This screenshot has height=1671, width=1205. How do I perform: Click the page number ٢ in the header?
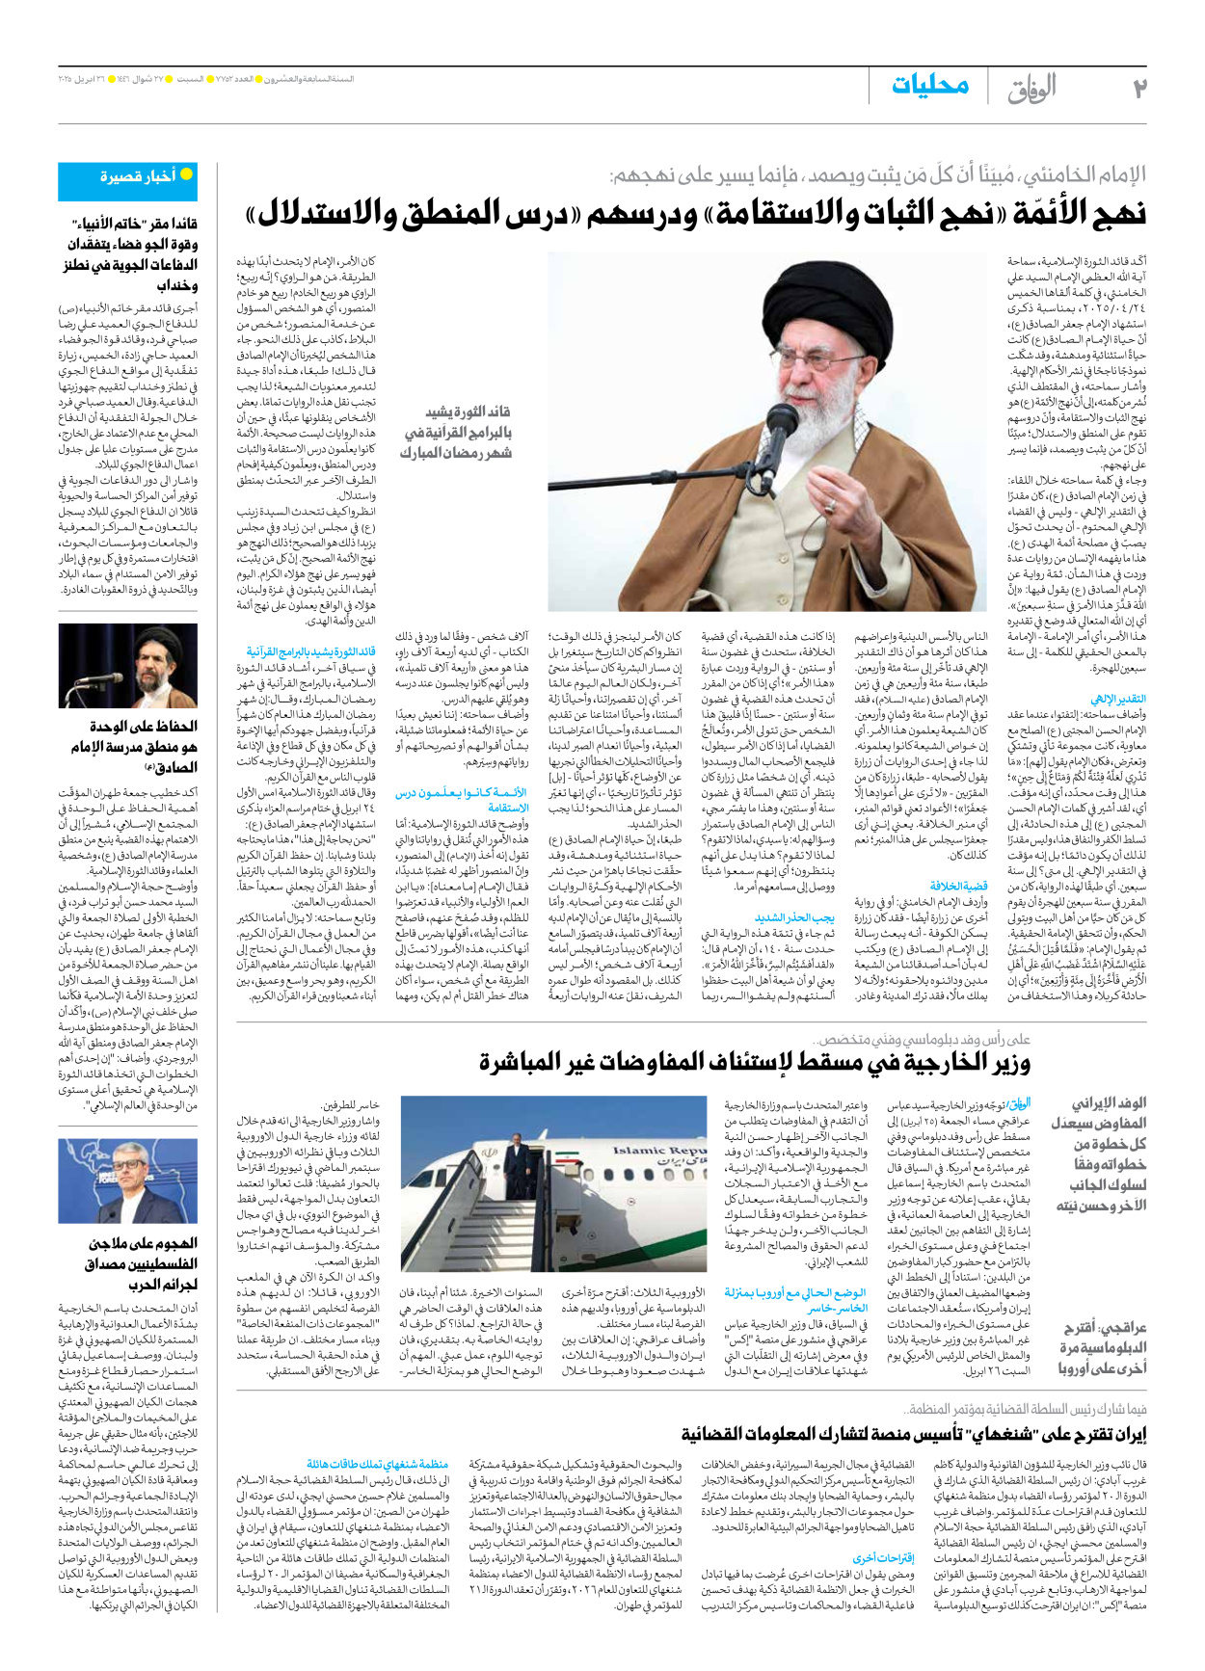[1138, 89]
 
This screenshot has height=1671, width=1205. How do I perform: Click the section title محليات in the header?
[929, 86]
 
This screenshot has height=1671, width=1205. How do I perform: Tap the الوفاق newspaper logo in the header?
[1031, 89]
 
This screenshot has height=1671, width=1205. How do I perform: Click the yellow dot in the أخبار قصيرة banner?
[186, 174]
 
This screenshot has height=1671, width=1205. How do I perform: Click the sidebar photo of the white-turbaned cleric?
[127, 666]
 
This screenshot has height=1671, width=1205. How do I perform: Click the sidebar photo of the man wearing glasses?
[127, 1180]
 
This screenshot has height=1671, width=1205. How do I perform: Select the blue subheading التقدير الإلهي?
[1118, 700]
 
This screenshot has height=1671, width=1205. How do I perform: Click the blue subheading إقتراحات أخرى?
[883, 1558]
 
